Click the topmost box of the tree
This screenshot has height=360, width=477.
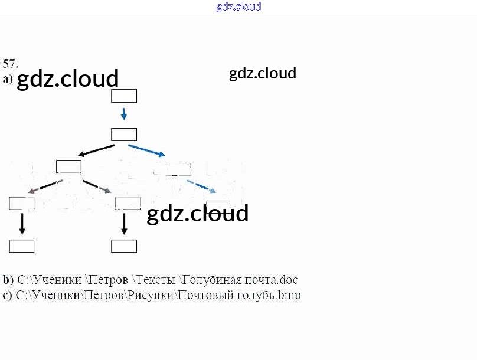[x=124, y=96]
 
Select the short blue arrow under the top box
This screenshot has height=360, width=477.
[x=124, y=113]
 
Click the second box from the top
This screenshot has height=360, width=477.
[x=124, y=135]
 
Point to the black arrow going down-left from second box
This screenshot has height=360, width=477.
[x=97, y=150]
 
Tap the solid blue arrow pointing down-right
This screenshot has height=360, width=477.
[x=146, y=150]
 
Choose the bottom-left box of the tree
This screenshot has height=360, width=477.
[x=22, y=246]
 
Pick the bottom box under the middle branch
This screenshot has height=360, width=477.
[x=124, y=246]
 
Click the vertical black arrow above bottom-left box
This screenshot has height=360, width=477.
[x=22, y=224]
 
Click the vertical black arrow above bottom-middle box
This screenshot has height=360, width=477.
[x=124, y=224]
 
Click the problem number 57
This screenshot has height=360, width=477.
[x=10, y=64]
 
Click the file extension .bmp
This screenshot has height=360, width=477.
[x=289, y=295]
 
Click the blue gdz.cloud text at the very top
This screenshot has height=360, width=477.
[x=238, y=7]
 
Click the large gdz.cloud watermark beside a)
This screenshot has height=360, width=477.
[x=68, y=78]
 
